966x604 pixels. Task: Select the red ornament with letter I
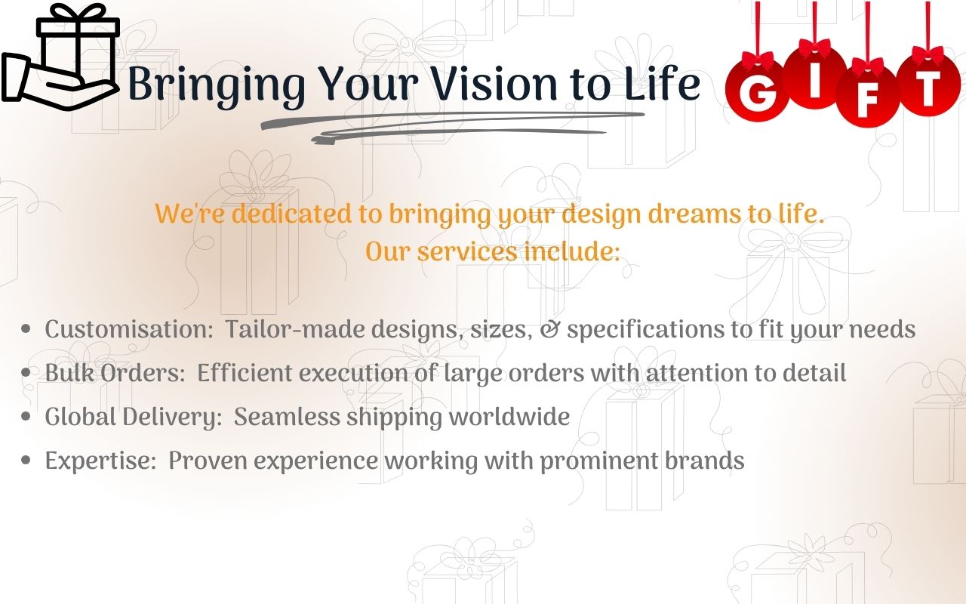coord(814,77)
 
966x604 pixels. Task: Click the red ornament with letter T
coord(928,85)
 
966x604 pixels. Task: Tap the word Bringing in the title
coord(217,85)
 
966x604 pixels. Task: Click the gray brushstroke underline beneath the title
coord(453,127)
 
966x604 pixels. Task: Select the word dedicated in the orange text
coord(291,214)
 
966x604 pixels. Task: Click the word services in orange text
coord(467,251)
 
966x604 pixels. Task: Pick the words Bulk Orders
coord(115,373)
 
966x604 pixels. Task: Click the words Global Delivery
coord(134,418)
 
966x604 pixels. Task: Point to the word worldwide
coord(509,417)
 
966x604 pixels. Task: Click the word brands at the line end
coord(704,461)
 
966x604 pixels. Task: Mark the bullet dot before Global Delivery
coord(26,417)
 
